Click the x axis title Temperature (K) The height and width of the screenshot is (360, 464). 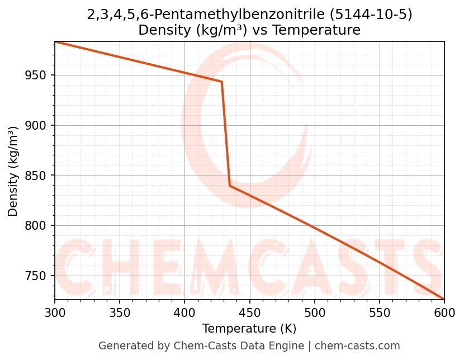point(249,329)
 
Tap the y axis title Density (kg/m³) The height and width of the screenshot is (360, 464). point(13,171)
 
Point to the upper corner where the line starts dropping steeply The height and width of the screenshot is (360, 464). point(222,82)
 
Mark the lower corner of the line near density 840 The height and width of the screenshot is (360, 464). point(230,186)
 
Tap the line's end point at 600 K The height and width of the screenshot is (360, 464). point(444,299)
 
